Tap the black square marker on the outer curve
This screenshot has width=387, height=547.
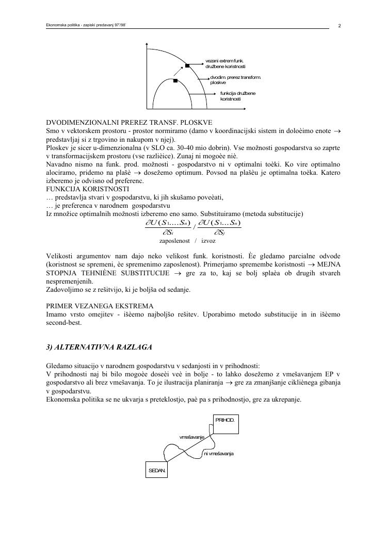click(187, 65)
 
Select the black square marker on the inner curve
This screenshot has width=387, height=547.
click(175, 81)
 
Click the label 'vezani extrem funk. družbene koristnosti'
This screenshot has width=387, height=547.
click(225, 64)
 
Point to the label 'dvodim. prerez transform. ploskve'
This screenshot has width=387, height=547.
click(235, 80)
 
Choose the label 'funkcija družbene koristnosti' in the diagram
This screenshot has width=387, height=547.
click(237, 95)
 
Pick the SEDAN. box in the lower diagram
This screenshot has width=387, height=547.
click(157, 471)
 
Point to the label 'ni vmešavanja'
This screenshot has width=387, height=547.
click(219, 453)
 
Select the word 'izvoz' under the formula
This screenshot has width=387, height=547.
click(208, 241)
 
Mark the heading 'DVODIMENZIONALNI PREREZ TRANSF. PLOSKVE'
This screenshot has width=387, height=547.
click(129, 123)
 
